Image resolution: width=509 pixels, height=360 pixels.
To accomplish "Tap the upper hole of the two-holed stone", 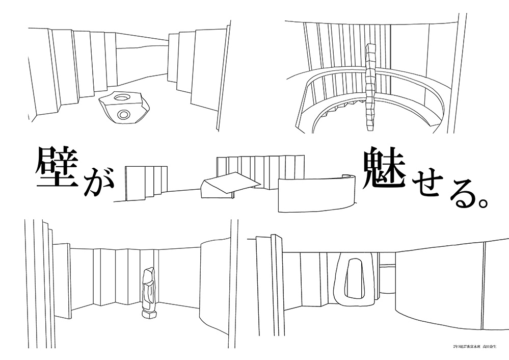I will coord(122,97).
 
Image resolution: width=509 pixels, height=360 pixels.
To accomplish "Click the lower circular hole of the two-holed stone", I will coord(123,114).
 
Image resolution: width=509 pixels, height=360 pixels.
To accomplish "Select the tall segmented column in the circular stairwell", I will coord(370,87).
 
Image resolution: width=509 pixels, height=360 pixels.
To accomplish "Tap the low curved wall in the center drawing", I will coord(316,194).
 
